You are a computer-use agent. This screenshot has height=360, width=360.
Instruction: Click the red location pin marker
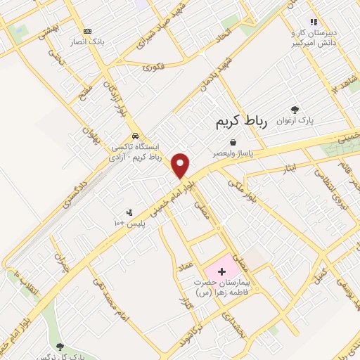(181, 166)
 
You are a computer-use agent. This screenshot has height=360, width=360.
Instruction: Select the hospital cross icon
(222, 271)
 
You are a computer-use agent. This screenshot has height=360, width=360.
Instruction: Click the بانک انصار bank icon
(87, 31)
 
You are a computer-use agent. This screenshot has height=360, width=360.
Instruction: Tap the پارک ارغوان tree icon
(295, 110)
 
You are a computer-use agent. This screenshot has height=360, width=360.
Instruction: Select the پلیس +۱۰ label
(129, 223)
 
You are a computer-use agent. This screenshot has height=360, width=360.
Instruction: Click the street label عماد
(205, 260)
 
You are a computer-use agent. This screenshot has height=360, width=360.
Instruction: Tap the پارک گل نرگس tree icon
(59, 346)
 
